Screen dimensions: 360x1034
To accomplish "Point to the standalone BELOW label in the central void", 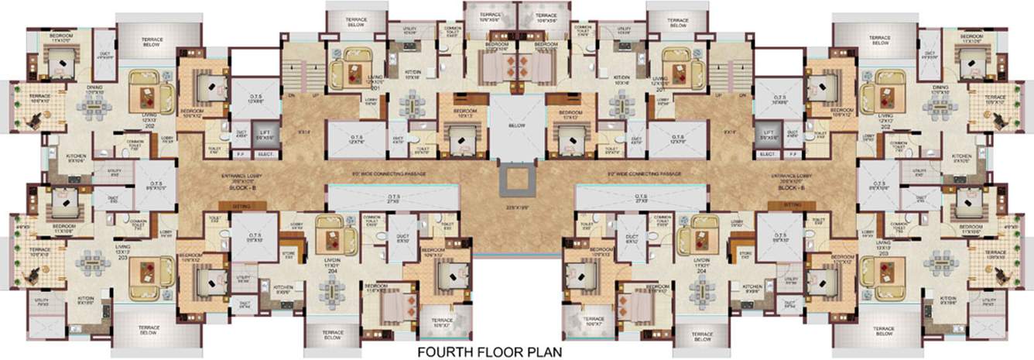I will coord(517,125).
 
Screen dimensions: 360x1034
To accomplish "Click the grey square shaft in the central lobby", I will coord(516,179).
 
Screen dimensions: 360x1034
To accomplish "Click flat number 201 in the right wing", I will coord(661,88).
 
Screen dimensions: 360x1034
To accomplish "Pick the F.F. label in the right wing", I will coord(793,154).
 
